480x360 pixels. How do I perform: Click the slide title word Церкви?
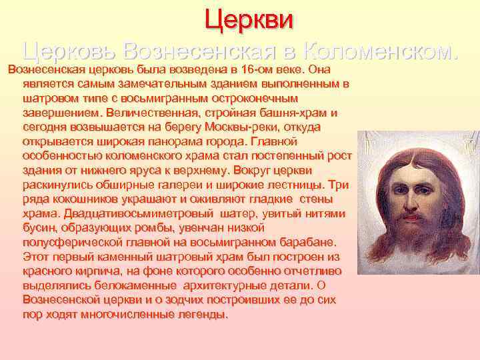tap(249, 18)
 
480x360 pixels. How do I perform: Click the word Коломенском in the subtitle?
tap(381, 50)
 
